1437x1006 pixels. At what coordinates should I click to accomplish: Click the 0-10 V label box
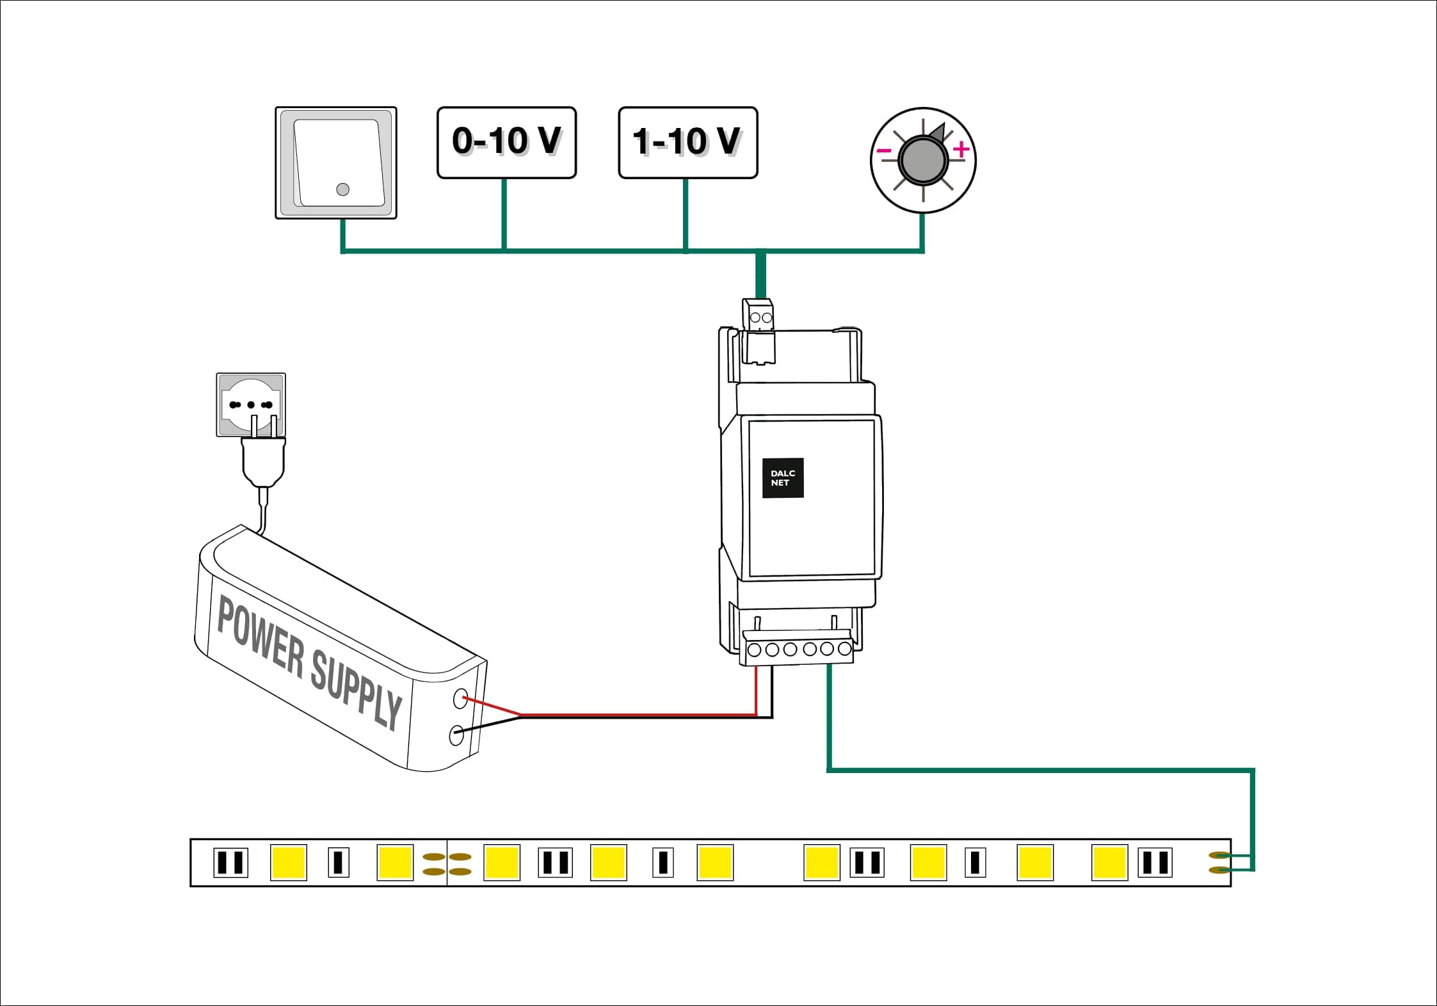tap(506, 142)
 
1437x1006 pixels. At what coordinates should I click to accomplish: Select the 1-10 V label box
tap(687, 142)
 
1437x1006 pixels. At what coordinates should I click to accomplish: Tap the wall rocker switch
tap(336, 163)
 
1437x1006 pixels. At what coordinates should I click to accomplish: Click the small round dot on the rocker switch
tap(342, 189)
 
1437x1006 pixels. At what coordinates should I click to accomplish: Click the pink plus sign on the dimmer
tap(961, 150)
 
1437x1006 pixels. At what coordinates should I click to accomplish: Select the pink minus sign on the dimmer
tap(884, 151)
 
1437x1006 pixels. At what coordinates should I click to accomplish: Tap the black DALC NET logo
tap(782, 478)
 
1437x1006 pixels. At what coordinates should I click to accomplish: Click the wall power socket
tap(251, 404)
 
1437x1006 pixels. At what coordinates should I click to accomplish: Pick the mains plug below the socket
tap(263, 461)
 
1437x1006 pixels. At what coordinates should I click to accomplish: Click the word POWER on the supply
tap(260, 636)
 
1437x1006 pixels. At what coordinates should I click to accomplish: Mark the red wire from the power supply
tap(640, 714)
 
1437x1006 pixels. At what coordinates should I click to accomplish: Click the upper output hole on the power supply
tap(460, 698)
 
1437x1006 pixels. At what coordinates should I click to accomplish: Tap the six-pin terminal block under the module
tap(799, 650)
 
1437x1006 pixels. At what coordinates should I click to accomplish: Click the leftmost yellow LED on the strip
tap(289, 862)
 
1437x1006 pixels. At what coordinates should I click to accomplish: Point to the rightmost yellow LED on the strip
tap(1109, 863)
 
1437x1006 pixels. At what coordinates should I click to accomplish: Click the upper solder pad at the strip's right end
tap(1219, 855)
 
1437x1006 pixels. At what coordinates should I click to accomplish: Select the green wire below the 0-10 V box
tap(504, 214)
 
